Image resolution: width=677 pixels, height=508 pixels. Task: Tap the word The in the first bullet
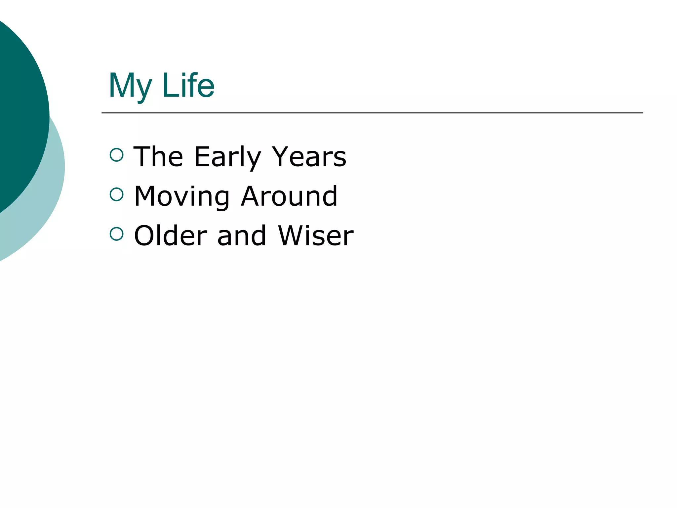pos(158,157)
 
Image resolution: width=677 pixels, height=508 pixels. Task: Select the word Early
pos(228,157)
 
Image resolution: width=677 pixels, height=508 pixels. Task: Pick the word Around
pos(289,196)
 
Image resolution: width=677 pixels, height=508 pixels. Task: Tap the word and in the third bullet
pos(242,235)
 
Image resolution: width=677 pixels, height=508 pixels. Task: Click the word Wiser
pos(316,235)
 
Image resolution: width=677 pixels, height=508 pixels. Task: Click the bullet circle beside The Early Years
pos(116,155)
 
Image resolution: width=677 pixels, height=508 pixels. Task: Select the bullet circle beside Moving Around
pos(116,194)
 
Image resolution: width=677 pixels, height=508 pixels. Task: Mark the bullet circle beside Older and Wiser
pos(116,234)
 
